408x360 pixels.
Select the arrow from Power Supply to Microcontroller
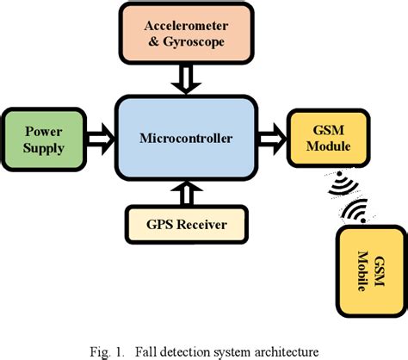point(102,134)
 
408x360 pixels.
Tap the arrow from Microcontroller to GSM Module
point(272,134)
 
